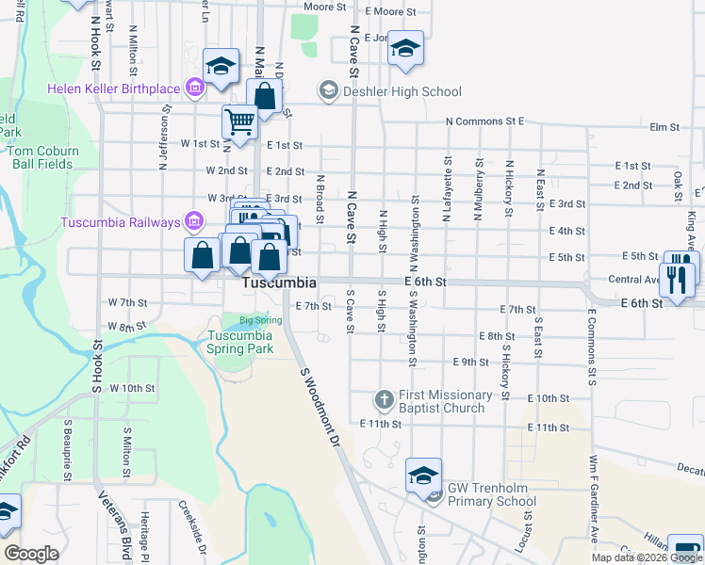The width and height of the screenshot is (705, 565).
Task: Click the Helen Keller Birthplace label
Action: [x=114, y=89]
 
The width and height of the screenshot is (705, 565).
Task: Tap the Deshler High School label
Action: [x=402, y=91]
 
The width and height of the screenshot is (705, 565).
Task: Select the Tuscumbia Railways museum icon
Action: [x=194, y=222]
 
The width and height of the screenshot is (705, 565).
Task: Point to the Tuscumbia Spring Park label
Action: [x=240, y=342]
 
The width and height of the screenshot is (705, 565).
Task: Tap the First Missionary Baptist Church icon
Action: [x=384, y=400]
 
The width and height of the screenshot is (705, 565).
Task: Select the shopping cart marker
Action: [x=239, y=121]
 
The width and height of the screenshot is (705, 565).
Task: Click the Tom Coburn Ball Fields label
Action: [x=43, y=156]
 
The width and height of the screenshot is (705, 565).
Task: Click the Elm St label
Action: [x=664, y=127]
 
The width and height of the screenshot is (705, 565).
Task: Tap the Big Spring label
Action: [x=260, y=320]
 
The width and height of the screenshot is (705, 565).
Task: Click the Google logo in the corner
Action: [x=31, y=554]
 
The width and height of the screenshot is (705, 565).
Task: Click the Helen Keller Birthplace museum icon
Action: [x=195, y=89]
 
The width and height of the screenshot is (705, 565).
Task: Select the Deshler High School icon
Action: [x=329, y=90]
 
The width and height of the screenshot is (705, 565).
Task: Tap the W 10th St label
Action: [x=131, y=388]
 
